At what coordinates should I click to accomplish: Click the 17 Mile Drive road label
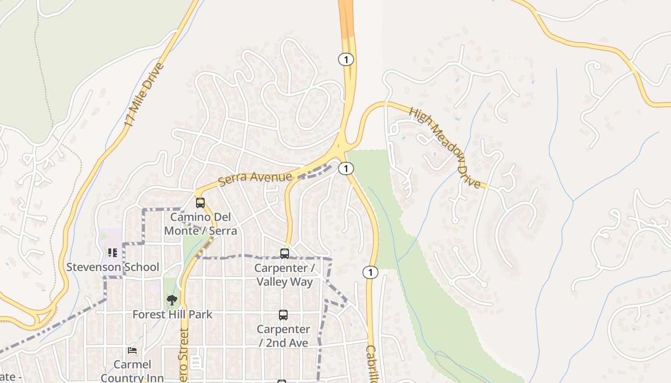[144, 95]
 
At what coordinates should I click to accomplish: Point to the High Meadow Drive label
[445, 147]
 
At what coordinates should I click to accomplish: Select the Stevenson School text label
[113, 267]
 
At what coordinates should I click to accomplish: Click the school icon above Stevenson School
[113, 252]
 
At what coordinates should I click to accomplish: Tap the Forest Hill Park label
[172, 315]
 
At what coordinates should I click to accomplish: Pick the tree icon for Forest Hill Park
[172, 300]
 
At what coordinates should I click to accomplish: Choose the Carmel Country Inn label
[132, 371]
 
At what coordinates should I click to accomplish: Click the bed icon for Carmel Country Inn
[132, 350]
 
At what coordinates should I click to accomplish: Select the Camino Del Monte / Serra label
[200, 224]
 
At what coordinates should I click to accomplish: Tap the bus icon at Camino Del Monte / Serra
[200, 203]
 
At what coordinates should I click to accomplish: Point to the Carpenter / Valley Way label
[284, 275]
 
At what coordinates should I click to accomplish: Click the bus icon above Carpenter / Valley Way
[285, 253]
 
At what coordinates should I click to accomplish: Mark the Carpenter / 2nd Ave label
[283, 336]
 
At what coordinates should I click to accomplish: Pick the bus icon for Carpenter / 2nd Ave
[283, 315]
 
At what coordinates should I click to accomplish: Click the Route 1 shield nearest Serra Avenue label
[346, 169]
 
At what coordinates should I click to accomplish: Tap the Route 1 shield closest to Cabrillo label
[370, 272]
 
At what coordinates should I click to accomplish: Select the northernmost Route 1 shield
[346, 59]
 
